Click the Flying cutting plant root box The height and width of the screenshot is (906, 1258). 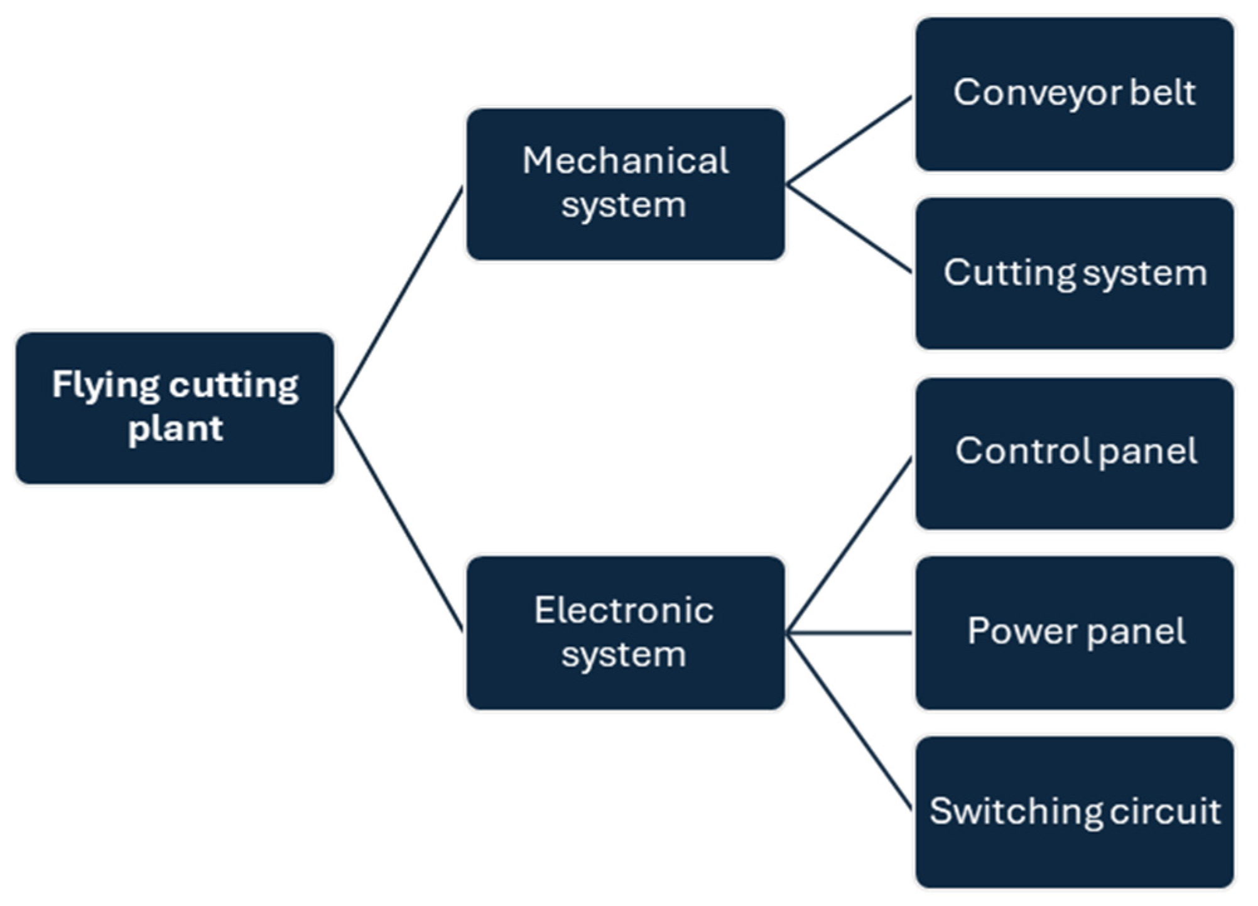(x=175, y=408)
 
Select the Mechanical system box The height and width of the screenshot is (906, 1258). (x=625, y=184)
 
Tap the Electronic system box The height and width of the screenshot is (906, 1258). (x=625, y=633)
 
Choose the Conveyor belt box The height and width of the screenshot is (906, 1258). (x=1074, y=94)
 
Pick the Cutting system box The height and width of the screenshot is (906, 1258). (x=1074, y=274)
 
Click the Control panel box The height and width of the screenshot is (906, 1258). (x=1074, y=453)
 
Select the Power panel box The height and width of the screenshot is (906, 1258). (x=1074, y=633)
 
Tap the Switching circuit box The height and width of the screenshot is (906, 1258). (x=1074, y=812)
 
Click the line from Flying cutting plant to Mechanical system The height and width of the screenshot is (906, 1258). (x=399, y=298)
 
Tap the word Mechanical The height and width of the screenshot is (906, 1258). (x=625, y=161)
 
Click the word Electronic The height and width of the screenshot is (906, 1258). (x=624, y=610)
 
